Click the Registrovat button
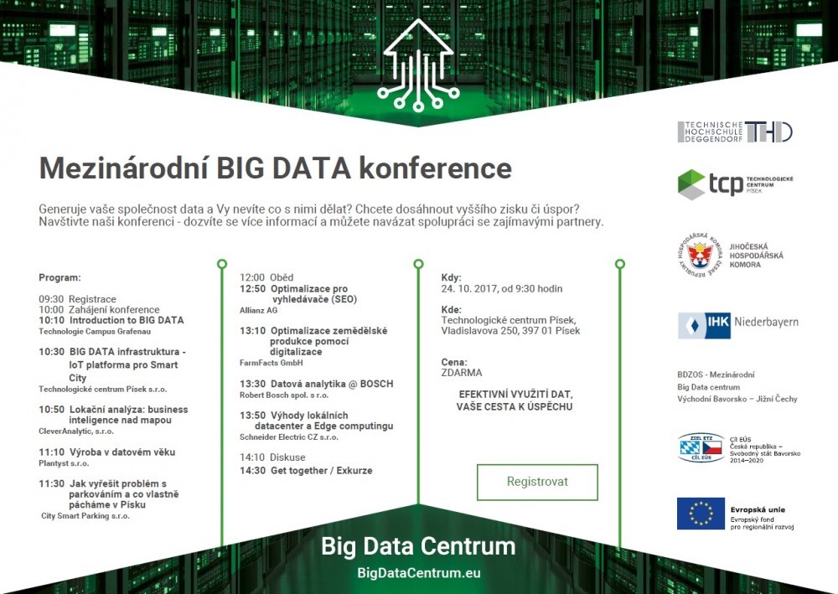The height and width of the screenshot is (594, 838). tap(537, 482)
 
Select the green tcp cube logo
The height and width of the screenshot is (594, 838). tap(691, 184)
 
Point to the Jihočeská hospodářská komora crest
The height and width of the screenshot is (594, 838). tap(700, 255)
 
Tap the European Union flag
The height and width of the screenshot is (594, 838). tap(701, 514)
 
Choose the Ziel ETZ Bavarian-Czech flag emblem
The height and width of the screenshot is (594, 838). tap(701, 447)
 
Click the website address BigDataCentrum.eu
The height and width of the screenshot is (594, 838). tap(418, 573)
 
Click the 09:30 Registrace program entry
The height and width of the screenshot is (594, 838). tap(77, 299)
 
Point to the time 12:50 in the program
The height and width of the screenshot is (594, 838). tap(252, 288)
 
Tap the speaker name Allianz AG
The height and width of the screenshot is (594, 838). tap(259, 310)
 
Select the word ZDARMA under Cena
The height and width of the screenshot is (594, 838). tap(462, 373)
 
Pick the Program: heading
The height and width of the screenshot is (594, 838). tap(59, 278)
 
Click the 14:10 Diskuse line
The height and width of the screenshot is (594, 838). tap(272, 457)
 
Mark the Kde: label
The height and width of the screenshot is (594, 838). tap(451, 309)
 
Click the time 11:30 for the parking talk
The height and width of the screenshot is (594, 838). tap(51, 483)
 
